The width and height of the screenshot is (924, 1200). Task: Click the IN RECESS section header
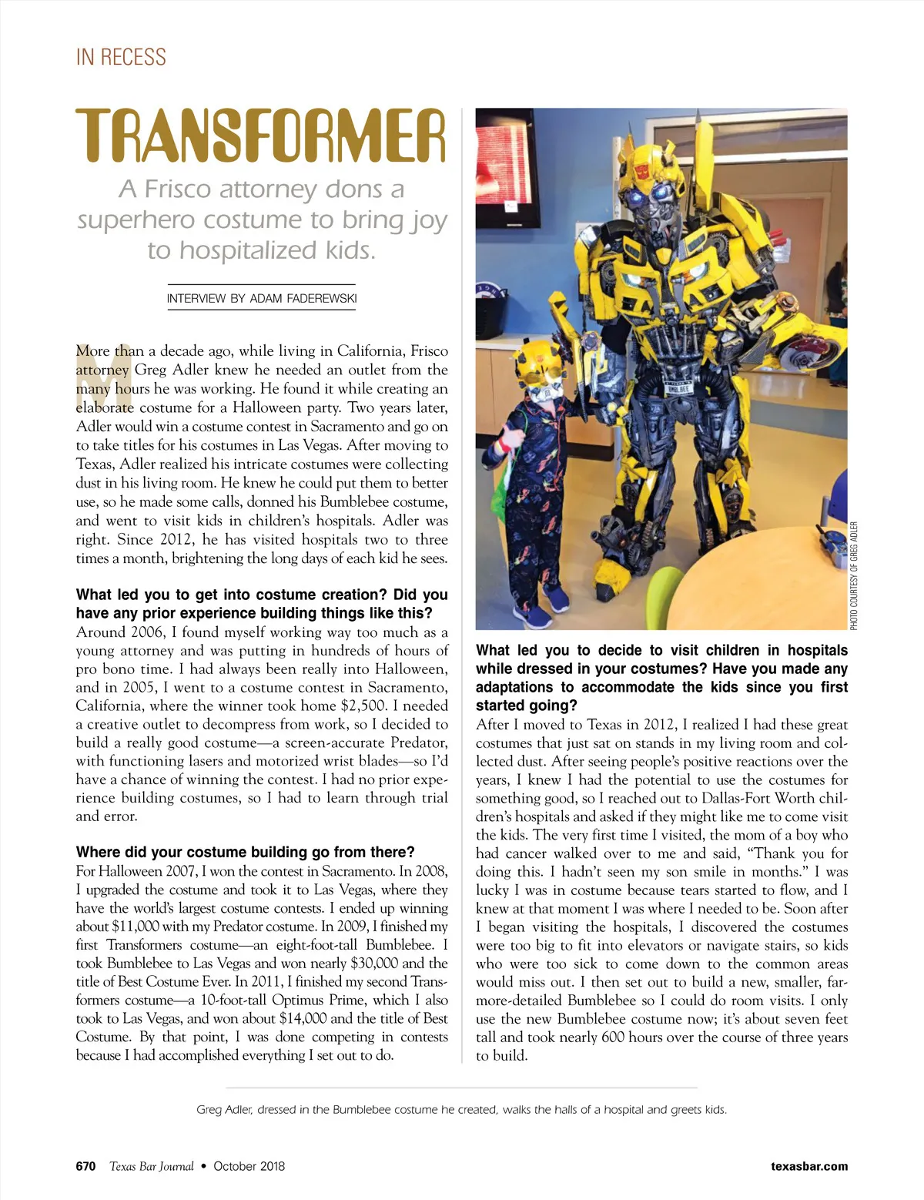coord(121,57)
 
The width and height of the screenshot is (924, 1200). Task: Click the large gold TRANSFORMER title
coord(261,137)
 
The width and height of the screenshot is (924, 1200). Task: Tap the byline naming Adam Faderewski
coord(262,299)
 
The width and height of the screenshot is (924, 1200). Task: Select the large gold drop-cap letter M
coord(94,377)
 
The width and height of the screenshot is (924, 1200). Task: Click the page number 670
coord(85,1166)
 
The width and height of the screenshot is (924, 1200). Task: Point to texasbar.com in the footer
coord(808,1166)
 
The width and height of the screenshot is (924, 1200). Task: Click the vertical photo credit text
coord(854,575)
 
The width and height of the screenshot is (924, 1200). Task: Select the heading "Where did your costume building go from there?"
coord(245,852)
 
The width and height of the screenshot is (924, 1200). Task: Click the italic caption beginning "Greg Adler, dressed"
coord(461,1110)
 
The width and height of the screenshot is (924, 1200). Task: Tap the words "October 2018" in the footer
coord(249,1166)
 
